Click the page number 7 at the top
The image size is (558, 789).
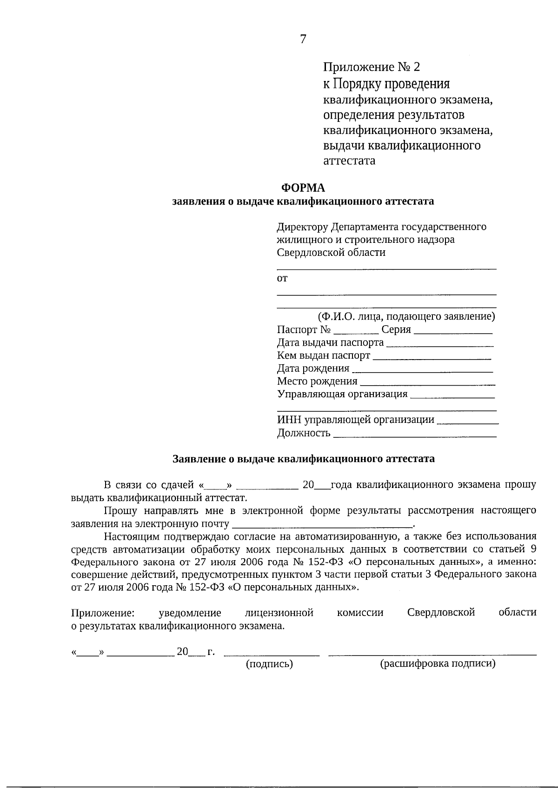(x=303, y=40)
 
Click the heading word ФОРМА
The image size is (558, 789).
(x=303, y=187)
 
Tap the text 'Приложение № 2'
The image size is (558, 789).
(x=372, y=67)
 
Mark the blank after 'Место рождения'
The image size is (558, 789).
(x=427, y=385)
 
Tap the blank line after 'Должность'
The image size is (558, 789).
(x=415, y=436)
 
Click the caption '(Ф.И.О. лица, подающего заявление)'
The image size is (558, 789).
(x=406, y=317)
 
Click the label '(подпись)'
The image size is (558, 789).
(x=269, y=664)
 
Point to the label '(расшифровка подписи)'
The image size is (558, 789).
(x=438, y=663)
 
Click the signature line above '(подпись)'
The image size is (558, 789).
(x=272, y=655)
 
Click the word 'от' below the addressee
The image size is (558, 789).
(x=282, y=279)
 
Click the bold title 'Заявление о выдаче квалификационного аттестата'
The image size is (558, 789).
(x=304, y=459)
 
